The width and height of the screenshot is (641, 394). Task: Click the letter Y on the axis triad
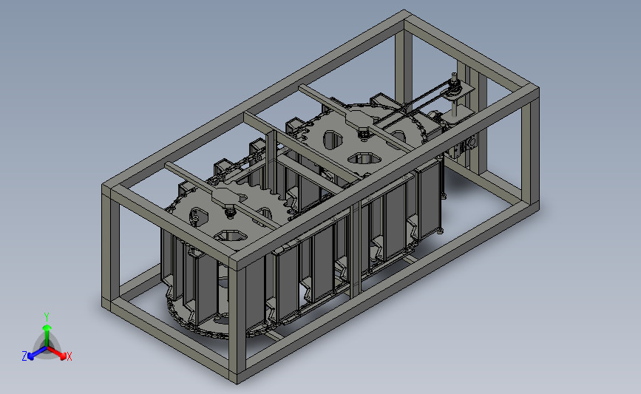(x=47, y=317)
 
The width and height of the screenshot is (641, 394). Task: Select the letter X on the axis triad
(x=69, y=356)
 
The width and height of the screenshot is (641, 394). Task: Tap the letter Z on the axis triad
(x=24, y=356)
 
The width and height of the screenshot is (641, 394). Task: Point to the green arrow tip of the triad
(x=47, y=327)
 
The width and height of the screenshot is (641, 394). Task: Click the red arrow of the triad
(x=56, y=353)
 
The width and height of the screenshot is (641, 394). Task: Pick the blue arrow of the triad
(x=38, y=353)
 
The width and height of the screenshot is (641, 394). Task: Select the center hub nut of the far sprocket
(x=362, y=132)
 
